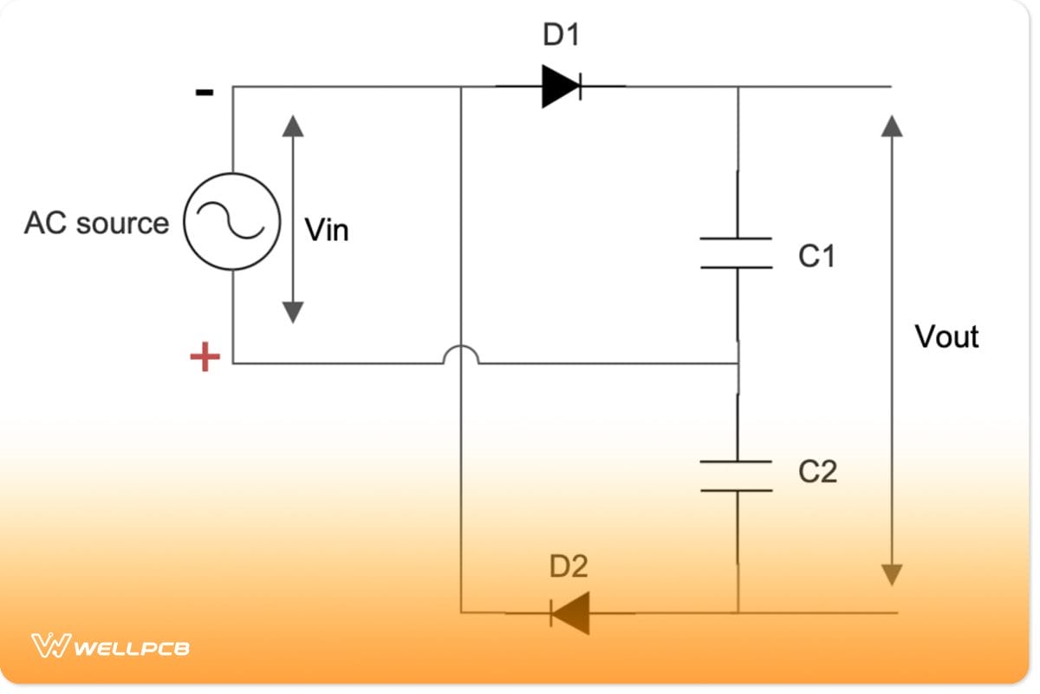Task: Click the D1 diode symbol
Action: pos(561,86)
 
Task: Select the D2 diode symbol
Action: pos(570,613)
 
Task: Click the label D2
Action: pos(569,566)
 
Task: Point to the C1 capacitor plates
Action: pos(736,252)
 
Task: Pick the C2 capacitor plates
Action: pos(736,476)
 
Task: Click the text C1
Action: pos(816,256)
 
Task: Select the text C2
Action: pos(817,472)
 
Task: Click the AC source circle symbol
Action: pos(232,221)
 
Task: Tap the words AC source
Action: pos(96,223)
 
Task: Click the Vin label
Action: pos(327,231)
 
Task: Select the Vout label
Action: pos(946,337)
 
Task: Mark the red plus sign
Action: pos(205,357)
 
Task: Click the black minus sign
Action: pos(205,93)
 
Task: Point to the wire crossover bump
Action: pos(460,355)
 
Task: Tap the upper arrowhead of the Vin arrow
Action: pos(293,127)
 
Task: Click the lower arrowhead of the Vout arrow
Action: pos(892,574)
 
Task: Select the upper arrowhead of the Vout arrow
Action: pos(892,127)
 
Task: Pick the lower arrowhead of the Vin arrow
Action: pos(293,311)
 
